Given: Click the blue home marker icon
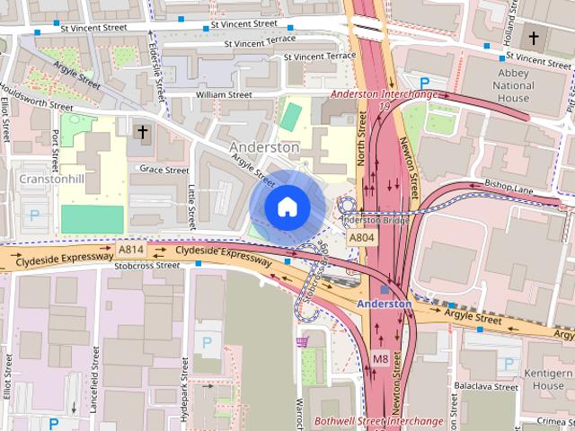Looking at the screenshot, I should coord(287,207).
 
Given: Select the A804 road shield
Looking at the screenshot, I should coord(361,237).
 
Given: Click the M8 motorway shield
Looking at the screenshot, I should coord(380,359).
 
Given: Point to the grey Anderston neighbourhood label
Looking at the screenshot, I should coord(264,146).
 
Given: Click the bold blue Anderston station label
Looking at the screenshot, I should coord(384,303).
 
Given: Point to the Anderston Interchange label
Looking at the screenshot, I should coord(384,93).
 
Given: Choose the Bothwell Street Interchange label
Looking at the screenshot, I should coord(378,420).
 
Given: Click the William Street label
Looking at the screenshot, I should coord(224,93).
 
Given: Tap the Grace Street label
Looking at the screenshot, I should coord(164,169).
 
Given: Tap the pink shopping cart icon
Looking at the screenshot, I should coord(303,341).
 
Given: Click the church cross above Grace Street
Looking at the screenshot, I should coord(141,132).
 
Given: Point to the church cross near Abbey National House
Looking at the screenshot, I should coord(535,38).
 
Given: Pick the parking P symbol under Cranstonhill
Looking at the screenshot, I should coord(35,215).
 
